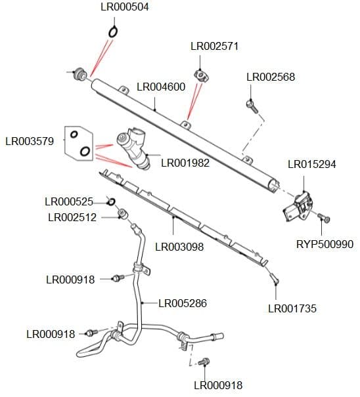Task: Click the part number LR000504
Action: [x=125, y=7]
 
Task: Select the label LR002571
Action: [x=214, y=47]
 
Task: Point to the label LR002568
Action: [x=271, y=77]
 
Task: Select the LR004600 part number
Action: [x=161, y=87]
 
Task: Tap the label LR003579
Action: [x=30, y=140]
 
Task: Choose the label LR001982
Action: [x=185, y=162]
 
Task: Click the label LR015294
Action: [x=312, y=164]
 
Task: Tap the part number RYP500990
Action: [x=325, y=244]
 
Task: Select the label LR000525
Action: [x=68, y=201]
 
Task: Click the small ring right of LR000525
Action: [x=111, y=201]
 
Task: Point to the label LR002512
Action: [x=72, y=217]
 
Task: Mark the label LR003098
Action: [x=179, y=247]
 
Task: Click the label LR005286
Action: [x=183, y=303]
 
